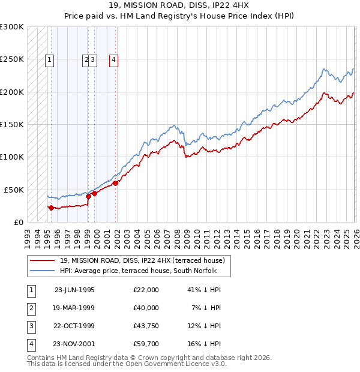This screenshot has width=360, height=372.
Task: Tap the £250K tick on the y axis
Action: [x=12, y=59]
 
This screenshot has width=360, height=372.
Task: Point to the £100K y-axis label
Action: [x=12, y=157]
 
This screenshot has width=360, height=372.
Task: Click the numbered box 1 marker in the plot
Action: [x=49, y=59]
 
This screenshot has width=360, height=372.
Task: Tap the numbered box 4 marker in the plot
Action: [x=113, y=59]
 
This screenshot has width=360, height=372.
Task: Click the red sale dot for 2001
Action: [x=115, y=183]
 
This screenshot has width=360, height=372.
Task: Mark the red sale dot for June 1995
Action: [x=52, y=208]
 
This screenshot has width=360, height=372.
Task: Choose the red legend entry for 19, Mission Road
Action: [x=142, y=260]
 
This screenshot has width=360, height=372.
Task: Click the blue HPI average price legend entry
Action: [x=142, y=271]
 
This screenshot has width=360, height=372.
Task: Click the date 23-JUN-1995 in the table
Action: [x=74, y=290]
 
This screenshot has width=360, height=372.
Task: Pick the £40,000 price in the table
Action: [x=146, y=308]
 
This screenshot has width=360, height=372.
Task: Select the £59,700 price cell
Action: [x=146, y=344]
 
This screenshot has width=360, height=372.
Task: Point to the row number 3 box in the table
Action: [x=30, y=326]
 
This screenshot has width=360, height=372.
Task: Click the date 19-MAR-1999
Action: [x=74, y=308]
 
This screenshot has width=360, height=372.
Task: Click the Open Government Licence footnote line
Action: [x=127, y=364]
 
